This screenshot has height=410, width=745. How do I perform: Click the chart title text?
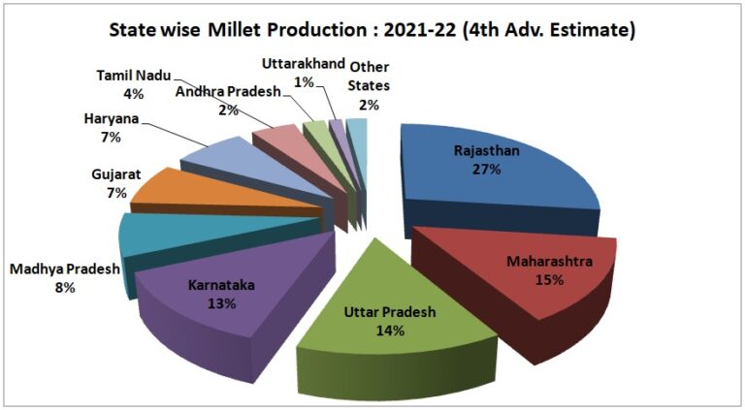click(x=372, y=30)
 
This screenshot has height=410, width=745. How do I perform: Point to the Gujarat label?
click(x=117, y=175)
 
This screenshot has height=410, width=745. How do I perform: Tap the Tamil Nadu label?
click(x=134, y=76)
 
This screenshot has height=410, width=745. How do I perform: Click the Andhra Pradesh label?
click(x=227, y=92)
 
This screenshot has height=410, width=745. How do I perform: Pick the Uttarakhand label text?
click(x=304, y=64)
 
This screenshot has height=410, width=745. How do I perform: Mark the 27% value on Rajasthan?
click(x=487, y=170)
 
